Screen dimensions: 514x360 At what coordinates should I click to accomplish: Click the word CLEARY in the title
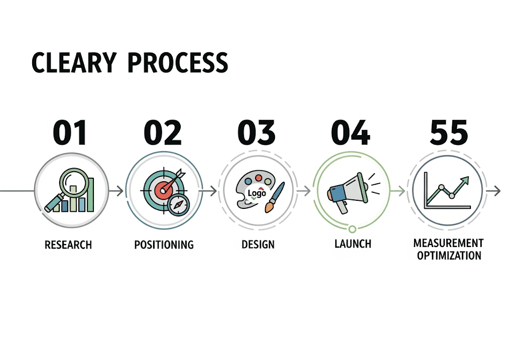tap(74, 62)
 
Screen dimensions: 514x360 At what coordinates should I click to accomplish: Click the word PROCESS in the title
tap(178, 62)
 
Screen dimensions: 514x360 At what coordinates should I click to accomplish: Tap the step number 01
tap(70, 132)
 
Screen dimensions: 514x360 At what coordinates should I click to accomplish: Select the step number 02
tap(163, 132)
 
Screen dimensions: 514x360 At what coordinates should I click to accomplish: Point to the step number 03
tap(256, 132)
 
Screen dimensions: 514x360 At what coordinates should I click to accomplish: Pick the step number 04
tap(350, 132)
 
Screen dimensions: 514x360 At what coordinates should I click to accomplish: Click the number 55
tap(449, 132)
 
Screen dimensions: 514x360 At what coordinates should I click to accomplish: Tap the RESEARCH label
tap(68, 245)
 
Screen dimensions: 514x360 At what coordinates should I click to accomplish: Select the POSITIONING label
tap(164, 245)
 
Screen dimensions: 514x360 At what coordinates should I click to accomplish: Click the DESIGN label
tap(258, 245)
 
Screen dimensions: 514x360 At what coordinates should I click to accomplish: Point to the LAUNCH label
tap(353, 244)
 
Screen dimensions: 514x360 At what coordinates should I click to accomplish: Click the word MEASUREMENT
tap(448, 244)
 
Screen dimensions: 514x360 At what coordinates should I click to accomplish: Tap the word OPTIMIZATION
tap(449, 256)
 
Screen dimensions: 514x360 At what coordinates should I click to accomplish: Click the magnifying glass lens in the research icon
tap(74, 182)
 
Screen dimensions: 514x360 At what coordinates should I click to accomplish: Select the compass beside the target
tap(178, 204)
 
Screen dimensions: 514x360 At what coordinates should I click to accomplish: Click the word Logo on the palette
tap(256, 193)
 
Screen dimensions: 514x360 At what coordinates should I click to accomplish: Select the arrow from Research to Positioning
tap(116, 190)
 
